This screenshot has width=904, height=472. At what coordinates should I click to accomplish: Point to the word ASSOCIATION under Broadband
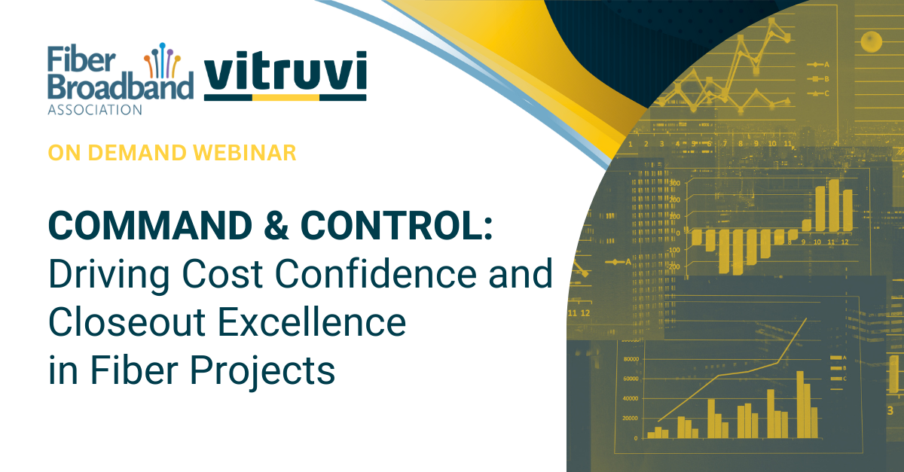click(94, 110)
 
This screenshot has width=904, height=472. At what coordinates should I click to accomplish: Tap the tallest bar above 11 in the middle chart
click(834, 204)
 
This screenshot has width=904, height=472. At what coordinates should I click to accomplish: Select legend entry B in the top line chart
click(818, 79)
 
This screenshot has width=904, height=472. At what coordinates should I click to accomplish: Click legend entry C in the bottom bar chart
click(838, 379)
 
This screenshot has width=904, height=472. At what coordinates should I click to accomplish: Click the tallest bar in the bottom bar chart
click(800, 403)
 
